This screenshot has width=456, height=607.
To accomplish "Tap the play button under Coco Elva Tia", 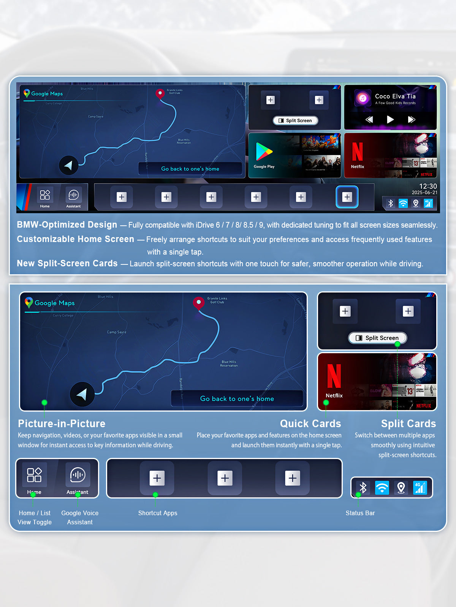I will (x=390, y=120).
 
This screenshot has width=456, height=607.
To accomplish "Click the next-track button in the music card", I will (x=411, y=120).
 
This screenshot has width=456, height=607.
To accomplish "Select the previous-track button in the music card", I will (x=369, y=120).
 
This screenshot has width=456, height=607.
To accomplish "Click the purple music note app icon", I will (x=363, y=99).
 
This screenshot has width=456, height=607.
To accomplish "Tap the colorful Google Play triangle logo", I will (x=264, y=152).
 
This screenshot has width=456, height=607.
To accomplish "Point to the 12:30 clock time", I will (x=428, y=186).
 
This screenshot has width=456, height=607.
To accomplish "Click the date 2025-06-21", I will (x=424, y=193).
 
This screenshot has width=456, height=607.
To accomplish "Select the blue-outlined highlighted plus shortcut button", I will (x=347, y=197).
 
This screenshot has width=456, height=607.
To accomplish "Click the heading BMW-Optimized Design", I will (x=67, y=225).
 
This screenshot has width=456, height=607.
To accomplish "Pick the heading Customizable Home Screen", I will (x=75, y=239).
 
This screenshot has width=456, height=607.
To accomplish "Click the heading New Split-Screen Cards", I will (x=67, y=263).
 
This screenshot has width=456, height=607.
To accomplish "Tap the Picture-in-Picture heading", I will (x=62, y=423).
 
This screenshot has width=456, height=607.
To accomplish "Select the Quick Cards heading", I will (x=310, y=423).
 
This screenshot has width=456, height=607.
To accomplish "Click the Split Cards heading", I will (x=408, y=423).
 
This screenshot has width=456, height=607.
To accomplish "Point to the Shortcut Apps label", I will (x=158, y=513).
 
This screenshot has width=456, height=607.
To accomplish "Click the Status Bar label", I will (x=360, y=513).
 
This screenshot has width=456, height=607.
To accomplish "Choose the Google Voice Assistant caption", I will (x=80, y=517).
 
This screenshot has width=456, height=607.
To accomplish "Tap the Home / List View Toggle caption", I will (x=35, y=517).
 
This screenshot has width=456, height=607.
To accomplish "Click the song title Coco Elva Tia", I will (x=395, y=96).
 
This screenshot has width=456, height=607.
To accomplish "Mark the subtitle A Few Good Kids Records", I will (x=395, y=103).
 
